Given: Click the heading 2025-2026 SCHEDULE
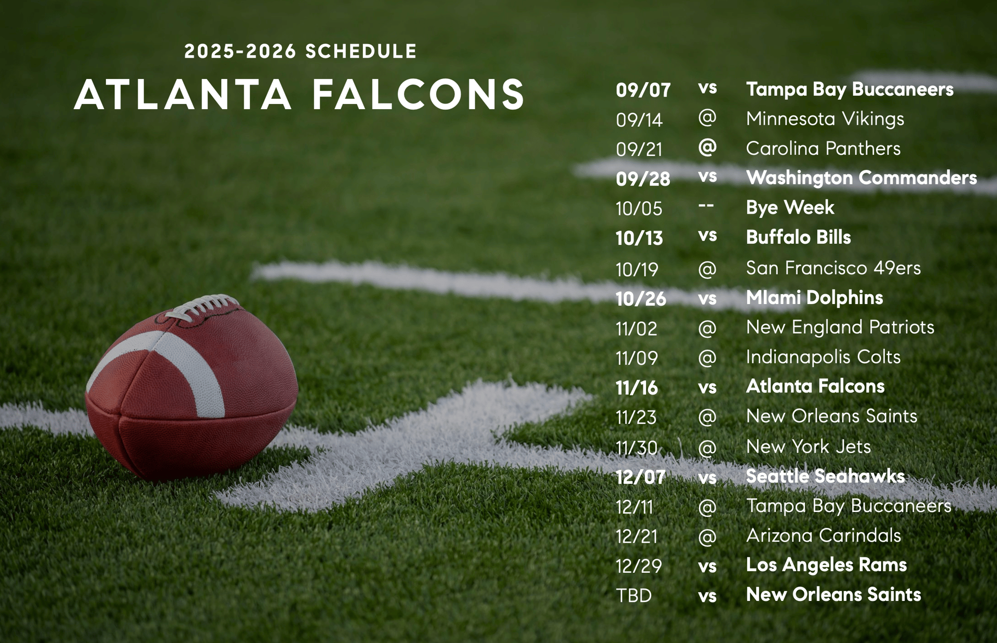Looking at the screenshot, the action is click(300, 51).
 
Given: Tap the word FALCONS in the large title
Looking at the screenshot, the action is click(419, 95).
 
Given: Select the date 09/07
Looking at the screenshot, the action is click(643, 90).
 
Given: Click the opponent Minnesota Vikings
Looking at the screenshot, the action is click(825, 119).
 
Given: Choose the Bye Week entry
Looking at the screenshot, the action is click(790, 207).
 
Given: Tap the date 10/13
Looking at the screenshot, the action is click(639, 238).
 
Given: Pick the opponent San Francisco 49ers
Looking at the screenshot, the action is click(833, 268).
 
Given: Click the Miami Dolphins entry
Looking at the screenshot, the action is click(814, 297).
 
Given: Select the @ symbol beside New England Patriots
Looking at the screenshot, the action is click(707, 328).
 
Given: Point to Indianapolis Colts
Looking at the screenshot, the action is click(823, 357).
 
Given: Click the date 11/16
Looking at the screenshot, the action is click(637, 388).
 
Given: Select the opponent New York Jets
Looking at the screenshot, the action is click(808, 447).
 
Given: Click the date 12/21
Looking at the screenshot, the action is click(637, 536).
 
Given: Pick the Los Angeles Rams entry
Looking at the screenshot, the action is click(826, 565).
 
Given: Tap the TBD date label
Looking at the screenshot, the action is click(634, 596).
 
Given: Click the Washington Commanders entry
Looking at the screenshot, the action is click(861, 178).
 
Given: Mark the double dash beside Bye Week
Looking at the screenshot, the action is click(706, 205).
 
